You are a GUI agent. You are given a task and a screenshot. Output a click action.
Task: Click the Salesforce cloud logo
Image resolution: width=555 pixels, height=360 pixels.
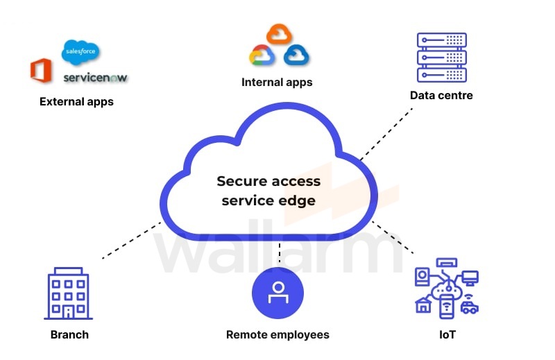tap(81, 51)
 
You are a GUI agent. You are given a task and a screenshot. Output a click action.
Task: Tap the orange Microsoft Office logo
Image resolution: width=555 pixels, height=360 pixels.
tap(41, 71)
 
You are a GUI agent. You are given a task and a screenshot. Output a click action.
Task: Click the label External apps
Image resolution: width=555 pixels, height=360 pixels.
tap(76, 102)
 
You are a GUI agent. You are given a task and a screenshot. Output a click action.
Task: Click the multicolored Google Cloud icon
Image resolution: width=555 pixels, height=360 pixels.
tap(262, 55)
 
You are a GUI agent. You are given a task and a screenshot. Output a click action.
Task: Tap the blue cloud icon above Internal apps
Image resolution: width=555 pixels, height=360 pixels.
tap(296, 55)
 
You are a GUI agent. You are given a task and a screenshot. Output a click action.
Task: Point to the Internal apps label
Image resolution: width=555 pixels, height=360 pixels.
tap(277, 83)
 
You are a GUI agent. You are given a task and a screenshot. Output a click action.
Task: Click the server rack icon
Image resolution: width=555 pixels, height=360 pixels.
tap(441, 58)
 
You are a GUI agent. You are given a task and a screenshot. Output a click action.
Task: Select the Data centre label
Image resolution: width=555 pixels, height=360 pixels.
tap(441, 96)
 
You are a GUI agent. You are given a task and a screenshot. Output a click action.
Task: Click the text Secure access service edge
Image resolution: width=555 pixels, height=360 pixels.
tap(268, 191)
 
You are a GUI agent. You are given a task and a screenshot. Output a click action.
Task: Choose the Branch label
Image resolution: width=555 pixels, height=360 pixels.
tap(69, 335)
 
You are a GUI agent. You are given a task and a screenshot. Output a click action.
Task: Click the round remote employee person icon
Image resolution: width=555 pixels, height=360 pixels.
tap(277, 292)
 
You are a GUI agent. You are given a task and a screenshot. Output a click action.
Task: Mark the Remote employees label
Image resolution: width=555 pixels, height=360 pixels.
tap(277, 335)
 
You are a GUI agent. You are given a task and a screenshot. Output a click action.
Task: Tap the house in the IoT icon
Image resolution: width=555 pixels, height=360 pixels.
tap(422, 305)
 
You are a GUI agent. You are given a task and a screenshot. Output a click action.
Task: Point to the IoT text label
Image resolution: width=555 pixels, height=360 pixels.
tap(447, 335)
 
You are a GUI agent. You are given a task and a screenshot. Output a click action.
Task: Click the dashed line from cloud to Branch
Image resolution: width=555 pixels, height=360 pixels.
tap(132, 240)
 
